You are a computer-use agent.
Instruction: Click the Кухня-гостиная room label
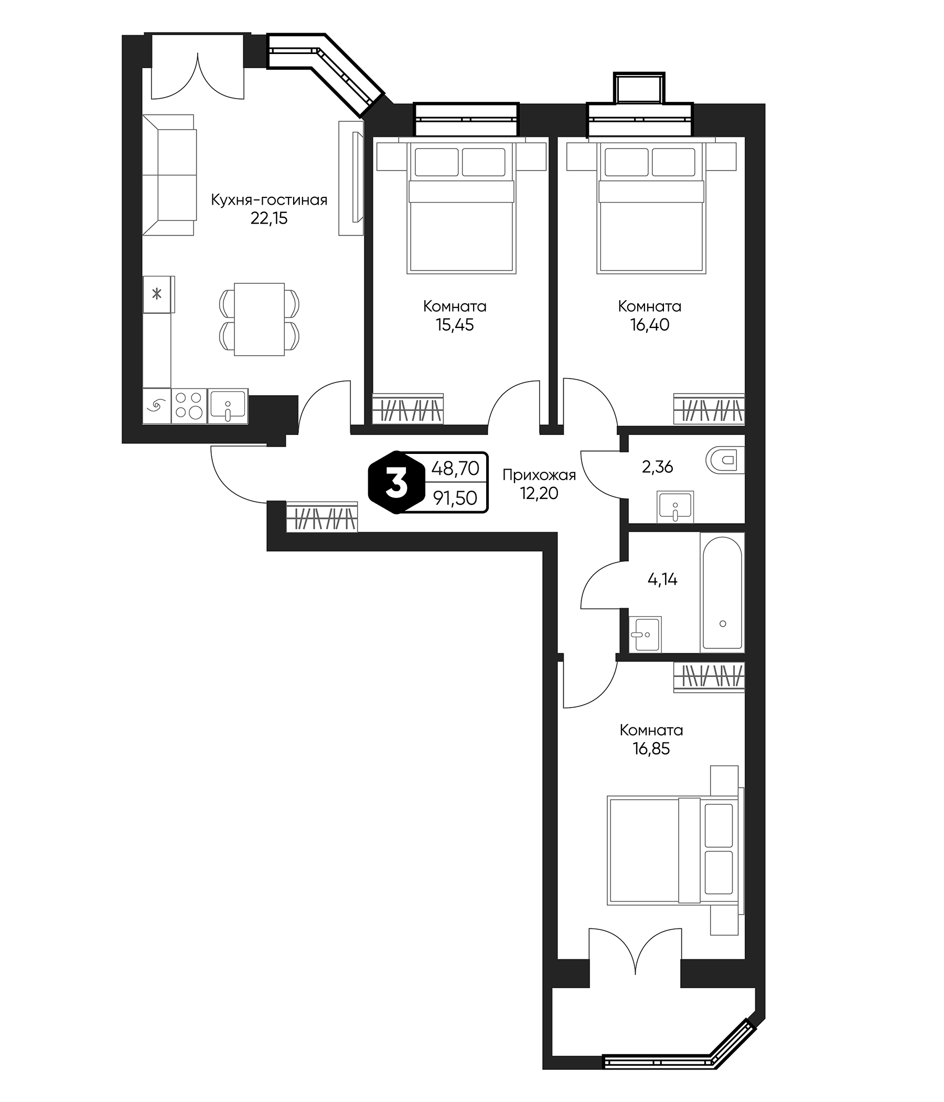(x=269, y=200)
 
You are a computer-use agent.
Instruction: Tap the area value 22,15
(x=269, y=219)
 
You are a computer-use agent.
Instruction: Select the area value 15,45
(x=455, y=325)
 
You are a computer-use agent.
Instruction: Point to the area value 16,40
(x=650, y=325)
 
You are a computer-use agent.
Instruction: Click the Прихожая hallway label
(x=539, y=474)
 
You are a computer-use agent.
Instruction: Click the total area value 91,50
(x=455, y=498)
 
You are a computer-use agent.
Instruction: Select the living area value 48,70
(x=455, y=469)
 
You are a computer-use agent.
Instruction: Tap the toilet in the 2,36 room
(x=726, y=459)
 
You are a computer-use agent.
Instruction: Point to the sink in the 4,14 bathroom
(x=645, y=634)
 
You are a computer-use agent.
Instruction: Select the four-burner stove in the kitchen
(x=189, y=405)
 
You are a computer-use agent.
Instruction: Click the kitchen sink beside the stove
(x=228, y=405)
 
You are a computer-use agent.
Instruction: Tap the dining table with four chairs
(x=260, y=319)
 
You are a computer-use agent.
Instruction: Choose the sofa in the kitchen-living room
(x=169, y=174)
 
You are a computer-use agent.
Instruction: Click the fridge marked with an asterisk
(x=157, y=293)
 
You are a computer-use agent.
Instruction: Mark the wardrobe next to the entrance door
(x=321, y=516)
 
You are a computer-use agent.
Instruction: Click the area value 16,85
(x=651, y=749)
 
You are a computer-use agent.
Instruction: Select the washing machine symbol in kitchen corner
(x=156, y=406)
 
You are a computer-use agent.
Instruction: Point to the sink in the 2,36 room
(x=675, y=506)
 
